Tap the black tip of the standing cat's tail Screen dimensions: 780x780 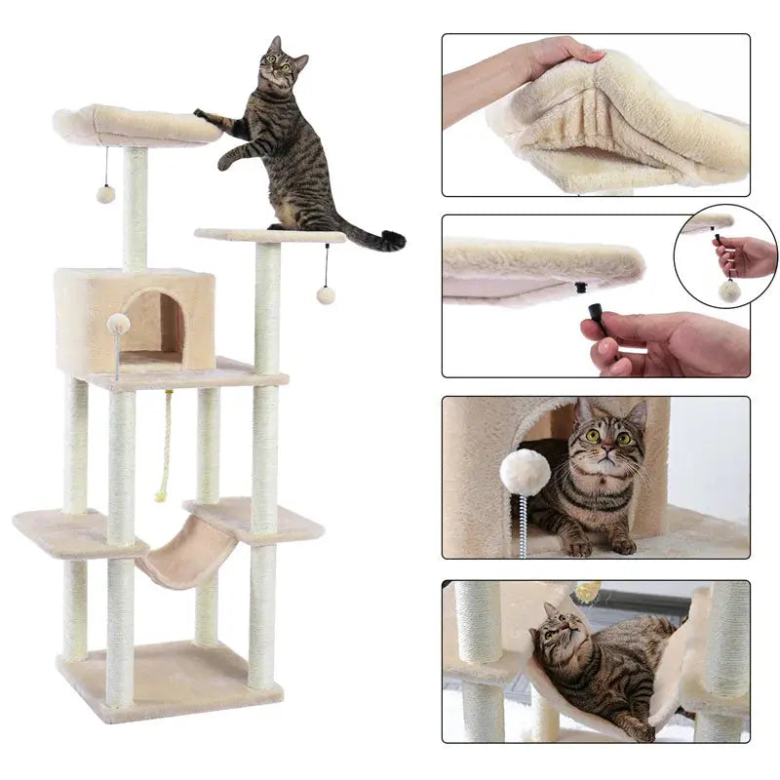[392, 240]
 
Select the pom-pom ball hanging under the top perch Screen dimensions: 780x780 [105, 193]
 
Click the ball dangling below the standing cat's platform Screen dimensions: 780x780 [326, 294]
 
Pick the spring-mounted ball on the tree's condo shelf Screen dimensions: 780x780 [118, 324]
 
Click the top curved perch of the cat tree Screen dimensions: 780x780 [136, 125]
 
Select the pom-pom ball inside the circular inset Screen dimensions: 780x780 [727, 289]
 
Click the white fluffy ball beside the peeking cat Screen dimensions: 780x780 [525, 472]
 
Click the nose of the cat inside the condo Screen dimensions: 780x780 [605, 452]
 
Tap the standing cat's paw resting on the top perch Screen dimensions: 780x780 [202, 115]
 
